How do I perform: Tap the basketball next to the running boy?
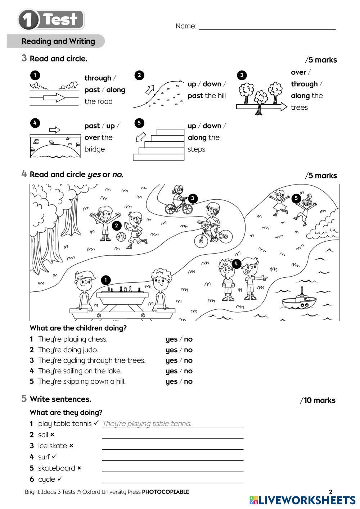point(121,237)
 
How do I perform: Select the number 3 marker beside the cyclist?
point(193,198)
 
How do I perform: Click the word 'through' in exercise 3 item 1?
point(98,78)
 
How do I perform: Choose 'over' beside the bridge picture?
point(92,137)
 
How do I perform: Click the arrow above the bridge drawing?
point(54,129)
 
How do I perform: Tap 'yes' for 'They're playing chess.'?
point(171,339)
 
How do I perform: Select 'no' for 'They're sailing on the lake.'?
point(188,371)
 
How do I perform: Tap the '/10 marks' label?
point(318,400)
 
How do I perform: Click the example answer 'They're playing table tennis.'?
point(147,423)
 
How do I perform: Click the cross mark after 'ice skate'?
point(71,446)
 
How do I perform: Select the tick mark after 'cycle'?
point(60,479)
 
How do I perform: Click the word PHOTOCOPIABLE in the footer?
point(165,492)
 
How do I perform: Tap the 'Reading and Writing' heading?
point(58,41)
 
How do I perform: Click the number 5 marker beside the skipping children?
point(296,198)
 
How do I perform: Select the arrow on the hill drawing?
point(149,89)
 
